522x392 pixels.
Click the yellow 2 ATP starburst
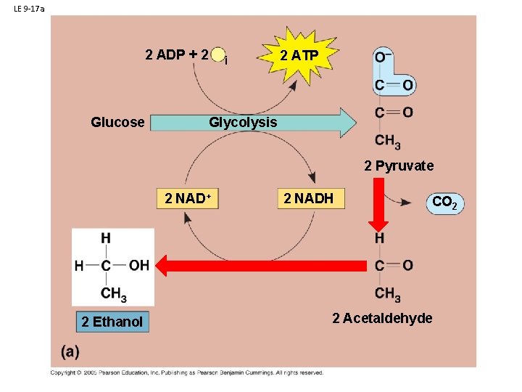pos(298,56)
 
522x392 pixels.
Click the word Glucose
pos(117,122)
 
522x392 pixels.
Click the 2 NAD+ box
pos(188,198)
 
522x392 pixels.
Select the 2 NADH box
pos(309,198)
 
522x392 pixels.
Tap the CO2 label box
pos(444,203)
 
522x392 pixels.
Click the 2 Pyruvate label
pos(399,166)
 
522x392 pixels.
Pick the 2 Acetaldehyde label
pos(382,318)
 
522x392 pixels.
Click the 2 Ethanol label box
pos(112,321)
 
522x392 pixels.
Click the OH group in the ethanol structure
pos(138,265)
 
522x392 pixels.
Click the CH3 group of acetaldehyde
pos(388,295)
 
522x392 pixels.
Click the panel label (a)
pos(70,351)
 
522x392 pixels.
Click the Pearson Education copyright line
pos(186,372)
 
